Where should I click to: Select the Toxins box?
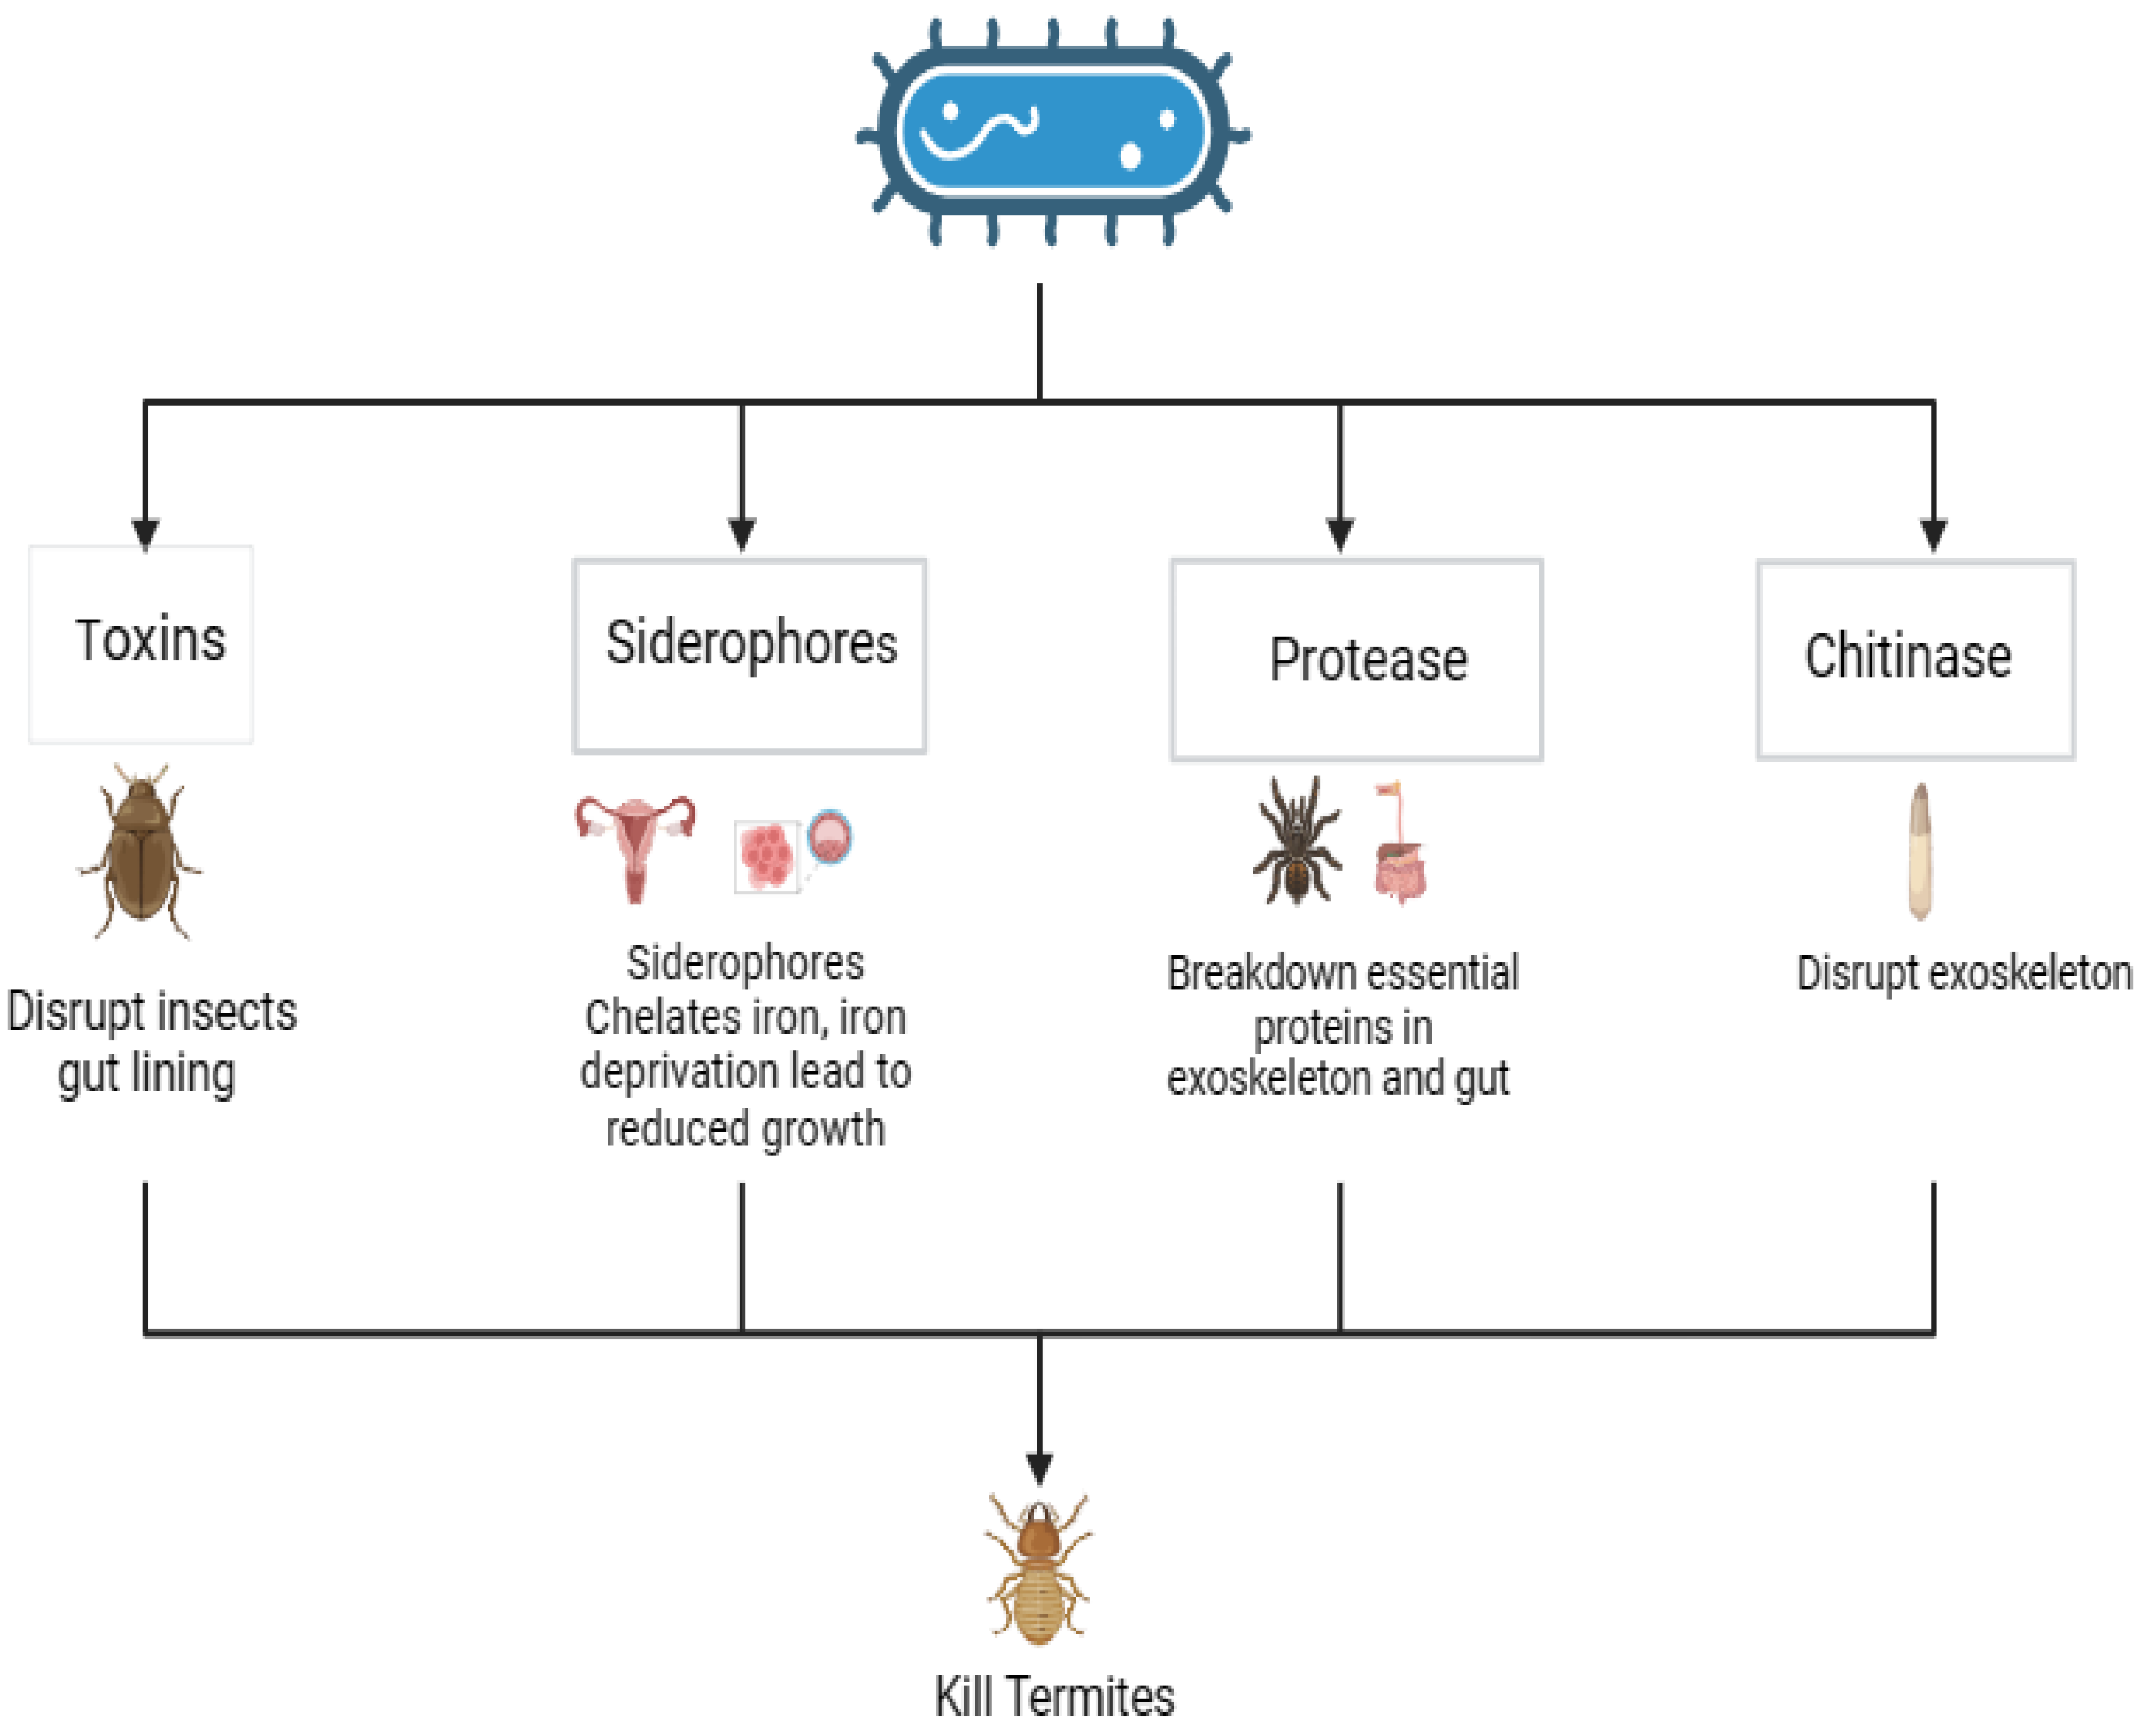[x=141, y=643]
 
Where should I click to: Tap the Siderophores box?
[x=749, y=655]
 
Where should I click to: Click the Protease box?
[x=1356, y=659]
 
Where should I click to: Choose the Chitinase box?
[x=1915, y=659]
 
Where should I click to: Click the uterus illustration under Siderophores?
[x=635, y=846]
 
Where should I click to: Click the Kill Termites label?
[x=1053, y=1696]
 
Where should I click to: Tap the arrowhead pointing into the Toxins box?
[x=145, y=534]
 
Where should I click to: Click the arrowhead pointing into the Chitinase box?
[x=1934, y=534]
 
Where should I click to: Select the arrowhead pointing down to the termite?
[x=1040, y=1468]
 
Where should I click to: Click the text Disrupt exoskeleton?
[x=1963, y=973]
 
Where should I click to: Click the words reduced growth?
[x=744, y=1129]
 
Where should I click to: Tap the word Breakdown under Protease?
[x=1246, y=973]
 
